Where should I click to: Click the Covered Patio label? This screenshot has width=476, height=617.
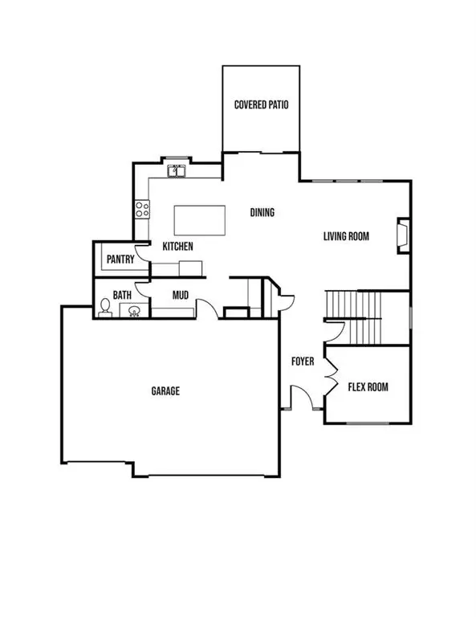tap(261, 105)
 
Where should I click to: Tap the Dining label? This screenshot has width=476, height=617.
tap(262, 213)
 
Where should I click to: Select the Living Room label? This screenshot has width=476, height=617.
tap(346, 236)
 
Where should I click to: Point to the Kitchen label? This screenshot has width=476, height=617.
tap(177, 247)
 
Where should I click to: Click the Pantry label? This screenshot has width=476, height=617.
tap(120, 259)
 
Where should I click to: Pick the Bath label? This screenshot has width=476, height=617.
tap(122, 296)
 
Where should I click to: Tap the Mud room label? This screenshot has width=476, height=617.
tap(181, 295)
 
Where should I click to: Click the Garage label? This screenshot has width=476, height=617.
tap(165, 391)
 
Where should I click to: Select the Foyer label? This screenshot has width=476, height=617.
tap(302, 362)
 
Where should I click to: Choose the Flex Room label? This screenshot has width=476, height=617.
tap(368, 387)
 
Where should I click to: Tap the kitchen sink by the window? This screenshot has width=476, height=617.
tap(177, 171)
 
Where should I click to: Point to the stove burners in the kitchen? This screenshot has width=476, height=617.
tap(142, 209)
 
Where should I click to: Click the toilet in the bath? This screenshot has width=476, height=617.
tap(104, 307)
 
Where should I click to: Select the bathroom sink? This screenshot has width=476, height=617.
tap(135, 310)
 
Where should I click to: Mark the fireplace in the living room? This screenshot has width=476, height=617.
tap(402, 235)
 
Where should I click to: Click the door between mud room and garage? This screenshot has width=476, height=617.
tap(205, 308)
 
